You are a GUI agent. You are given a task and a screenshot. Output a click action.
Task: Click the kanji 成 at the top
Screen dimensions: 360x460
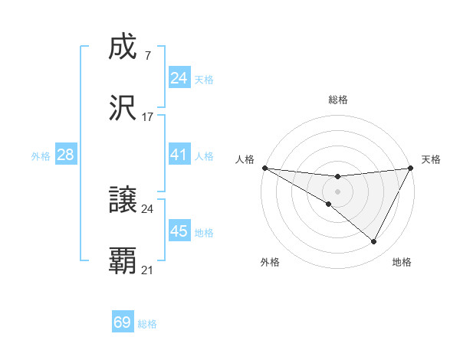[x=123, y=48]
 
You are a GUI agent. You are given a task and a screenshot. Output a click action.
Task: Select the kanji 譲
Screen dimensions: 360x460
[x=123, y=201]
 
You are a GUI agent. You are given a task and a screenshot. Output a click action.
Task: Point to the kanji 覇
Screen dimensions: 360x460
[x=123, y=261]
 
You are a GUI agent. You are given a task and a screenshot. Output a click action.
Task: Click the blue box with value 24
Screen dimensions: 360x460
[x=179, y=78]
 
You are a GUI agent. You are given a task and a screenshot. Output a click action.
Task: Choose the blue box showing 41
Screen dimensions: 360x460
[x=179, y=155]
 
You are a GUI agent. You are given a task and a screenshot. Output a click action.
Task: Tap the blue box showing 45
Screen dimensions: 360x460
[x=179, y=231]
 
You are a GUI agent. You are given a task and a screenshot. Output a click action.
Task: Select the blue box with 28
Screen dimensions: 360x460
[x=66, y=155]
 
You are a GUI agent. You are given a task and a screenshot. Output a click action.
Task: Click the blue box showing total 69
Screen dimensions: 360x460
[x=123, y=322]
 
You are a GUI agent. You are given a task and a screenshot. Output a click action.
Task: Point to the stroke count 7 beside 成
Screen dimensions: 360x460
[x=147, y=57]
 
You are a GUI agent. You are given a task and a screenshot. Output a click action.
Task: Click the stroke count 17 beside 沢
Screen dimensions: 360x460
[x=148, y=118]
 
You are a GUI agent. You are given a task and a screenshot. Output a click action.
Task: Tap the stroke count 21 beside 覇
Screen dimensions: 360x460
[x=148, y=270]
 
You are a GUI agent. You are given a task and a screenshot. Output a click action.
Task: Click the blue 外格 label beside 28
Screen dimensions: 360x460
[x=41, y=155]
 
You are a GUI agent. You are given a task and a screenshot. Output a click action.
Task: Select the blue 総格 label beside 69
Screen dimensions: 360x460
[x=147, y=324]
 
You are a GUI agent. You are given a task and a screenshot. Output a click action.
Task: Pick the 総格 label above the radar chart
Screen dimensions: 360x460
[x=337, y=100]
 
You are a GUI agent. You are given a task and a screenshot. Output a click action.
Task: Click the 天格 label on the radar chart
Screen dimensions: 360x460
[x=431, y=159]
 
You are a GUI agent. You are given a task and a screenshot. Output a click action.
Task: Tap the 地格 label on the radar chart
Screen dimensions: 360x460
[x=402, y=262]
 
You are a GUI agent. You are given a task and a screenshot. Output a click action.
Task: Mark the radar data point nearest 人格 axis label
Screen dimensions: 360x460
[x=264, y=168]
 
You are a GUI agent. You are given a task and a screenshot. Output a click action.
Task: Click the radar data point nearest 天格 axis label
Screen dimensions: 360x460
[x=410, y=168]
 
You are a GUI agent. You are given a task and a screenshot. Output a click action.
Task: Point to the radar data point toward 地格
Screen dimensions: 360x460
[x=374, y=242]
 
